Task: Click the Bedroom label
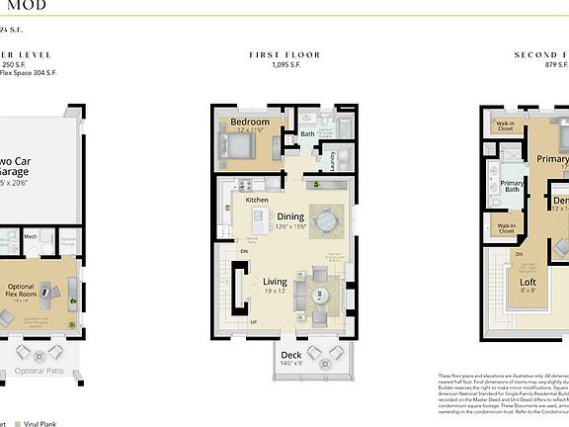point(250,124)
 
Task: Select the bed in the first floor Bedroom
point(240,147)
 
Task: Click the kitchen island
point(260,216)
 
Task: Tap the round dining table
point(326,218)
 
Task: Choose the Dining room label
point(289,216)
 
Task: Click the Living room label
point(275,282)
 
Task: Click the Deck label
point(290,355)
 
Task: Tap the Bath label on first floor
point(307,133)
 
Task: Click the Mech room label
point(31,237)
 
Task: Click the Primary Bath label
point(511,185)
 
